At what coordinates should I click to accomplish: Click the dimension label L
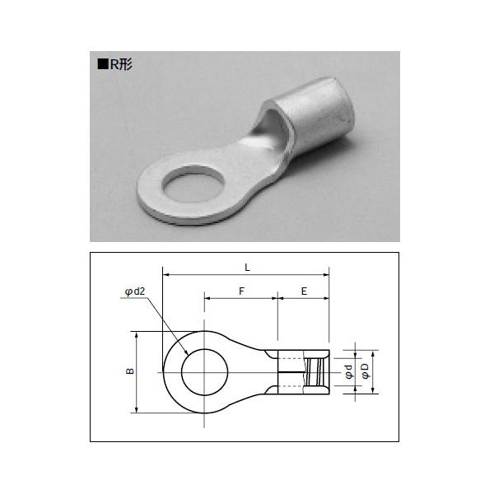click(247, 268)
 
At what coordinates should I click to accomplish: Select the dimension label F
click(241, 291)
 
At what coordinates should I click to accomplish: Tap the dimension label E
click(304, 291)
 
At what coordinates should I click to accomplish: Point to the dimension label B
click(130, 371)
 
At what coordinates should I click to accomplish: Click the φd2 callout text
click(135, 291)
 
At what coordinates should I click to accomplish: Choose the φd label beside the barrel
click(348, 372)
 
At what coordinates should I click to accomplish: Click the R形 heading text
click(121, 64)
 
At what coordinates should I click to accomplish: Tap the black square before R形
click(103, 64)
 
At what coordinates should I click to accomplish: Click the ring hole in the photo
click(193, 184)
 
